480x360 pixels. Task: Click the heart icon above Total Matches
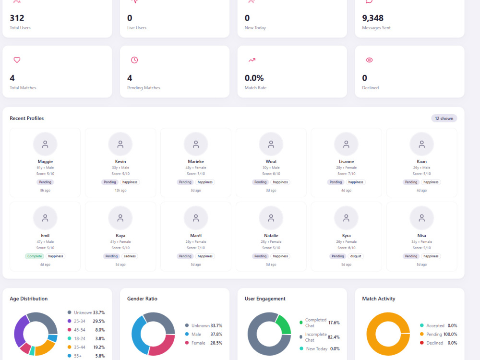point(17,60)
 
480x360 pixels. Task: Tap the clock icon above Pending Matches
point(134,60)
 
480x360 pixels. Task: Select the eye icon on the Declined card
point(370,60)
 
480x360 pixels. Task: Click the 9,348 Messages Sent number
point(372,18)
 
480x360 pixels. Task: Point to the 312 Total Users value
point(17,18)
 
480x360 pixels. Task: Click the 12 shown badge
point(444,119)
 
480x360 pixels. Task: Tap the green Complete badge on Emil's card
point(35,256)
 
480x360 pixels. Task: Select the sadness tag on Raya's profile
point(130,256)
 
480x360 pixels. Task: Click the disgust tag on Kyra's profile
point(355,256)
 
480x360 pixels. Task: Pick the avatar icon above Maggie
point(45,144)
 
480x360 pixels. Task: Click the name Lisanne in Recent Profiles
point(346,162)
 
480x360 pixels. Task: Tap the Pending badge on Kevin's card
point(110,182)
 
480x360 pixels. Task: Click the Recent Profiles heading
point(26,119)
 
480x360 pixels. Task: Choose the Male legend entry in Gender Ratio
point(204,334)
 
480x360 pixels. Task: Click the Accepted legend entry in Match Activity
point(438,326)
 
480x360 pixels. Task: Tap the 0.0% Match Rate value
point(254,78)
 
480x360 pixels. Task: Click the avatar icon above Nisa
point(421,218)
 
